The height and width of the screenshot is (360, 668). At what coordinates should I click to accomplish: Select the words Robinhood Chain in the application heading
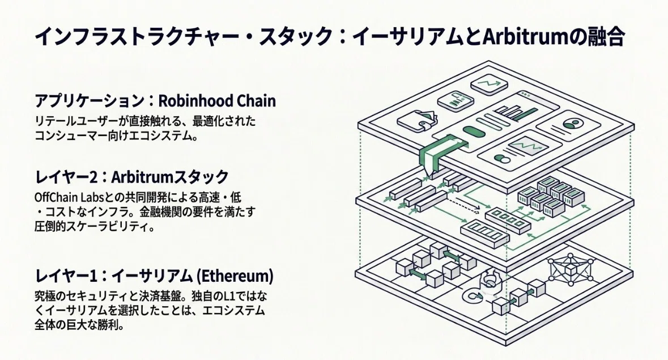[217, 101]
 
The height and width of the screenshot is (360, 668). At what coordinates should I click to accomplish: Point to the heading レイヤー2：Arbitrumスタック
[131, 176]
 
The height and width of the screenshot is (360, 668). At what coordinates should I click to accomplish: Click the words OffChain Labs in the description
[66, 198]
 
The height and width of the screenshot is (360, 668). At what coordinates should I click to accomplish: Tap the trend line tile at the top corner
[489, 83]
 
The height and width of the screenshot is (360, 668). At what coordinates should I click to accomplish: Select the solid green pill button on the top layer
[474, 132]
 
